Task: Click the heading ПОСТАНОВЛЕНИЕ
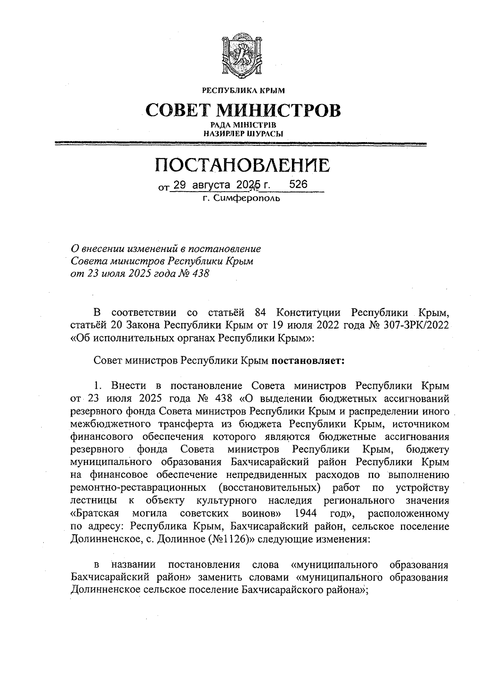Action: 242,165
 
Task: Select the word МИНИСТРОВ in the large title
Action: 279,110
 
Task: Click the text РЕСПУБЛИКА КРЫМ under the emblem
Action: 243,90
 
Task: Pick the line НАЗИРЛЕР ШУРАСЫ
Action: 243,133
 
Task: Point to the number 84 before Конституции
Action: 261,313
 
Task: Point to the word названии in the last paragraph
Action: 133,565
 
